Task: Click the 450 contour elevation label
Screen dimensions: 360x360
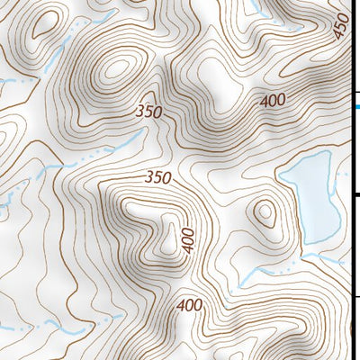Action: click(342, 28)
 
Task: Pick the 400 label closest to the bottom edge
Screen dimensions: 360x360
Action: click(190, 305)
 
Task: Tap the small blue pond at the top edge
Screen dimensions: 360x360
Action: click(251, 7)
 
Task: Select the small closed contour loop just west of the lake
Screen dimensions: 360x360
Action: click(265, 213)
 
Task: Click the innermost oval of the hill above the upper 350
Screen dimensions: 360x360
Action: click(115, 68)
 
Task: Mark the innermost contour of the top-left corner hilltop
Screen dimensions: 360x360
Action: click(40, 26)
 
